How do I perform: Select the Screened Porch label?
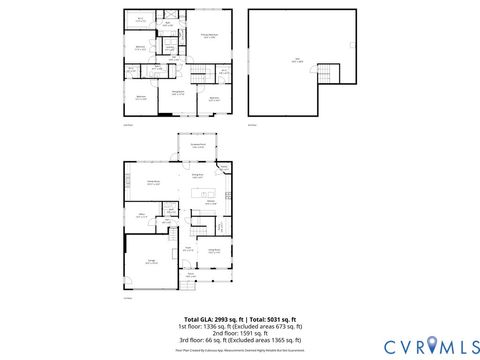tap(198, 146)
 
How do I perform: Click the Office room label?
tap(142, 214)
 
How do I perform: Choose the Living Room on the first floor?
tap(214, 251)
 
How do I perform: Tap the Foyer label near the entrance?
tap(187, 250)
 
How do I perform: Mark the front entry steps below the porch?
tap(190, 291)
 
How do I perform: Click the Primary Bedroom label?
tap(210, 35)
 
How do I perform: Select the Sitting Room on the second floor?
tap(176, 92)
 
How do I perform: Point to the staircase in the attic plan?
tap(326, 74)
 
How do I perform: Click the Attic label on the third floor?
tap(297, 60)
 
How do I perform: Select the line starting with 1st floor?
tap(239, 326)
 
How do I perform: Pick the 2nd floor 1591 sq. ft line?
tap(239, 334)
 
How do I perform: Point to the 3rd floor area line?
tap(239, 342)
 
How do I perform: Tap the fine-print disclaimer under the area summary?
tap(239, 351)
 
